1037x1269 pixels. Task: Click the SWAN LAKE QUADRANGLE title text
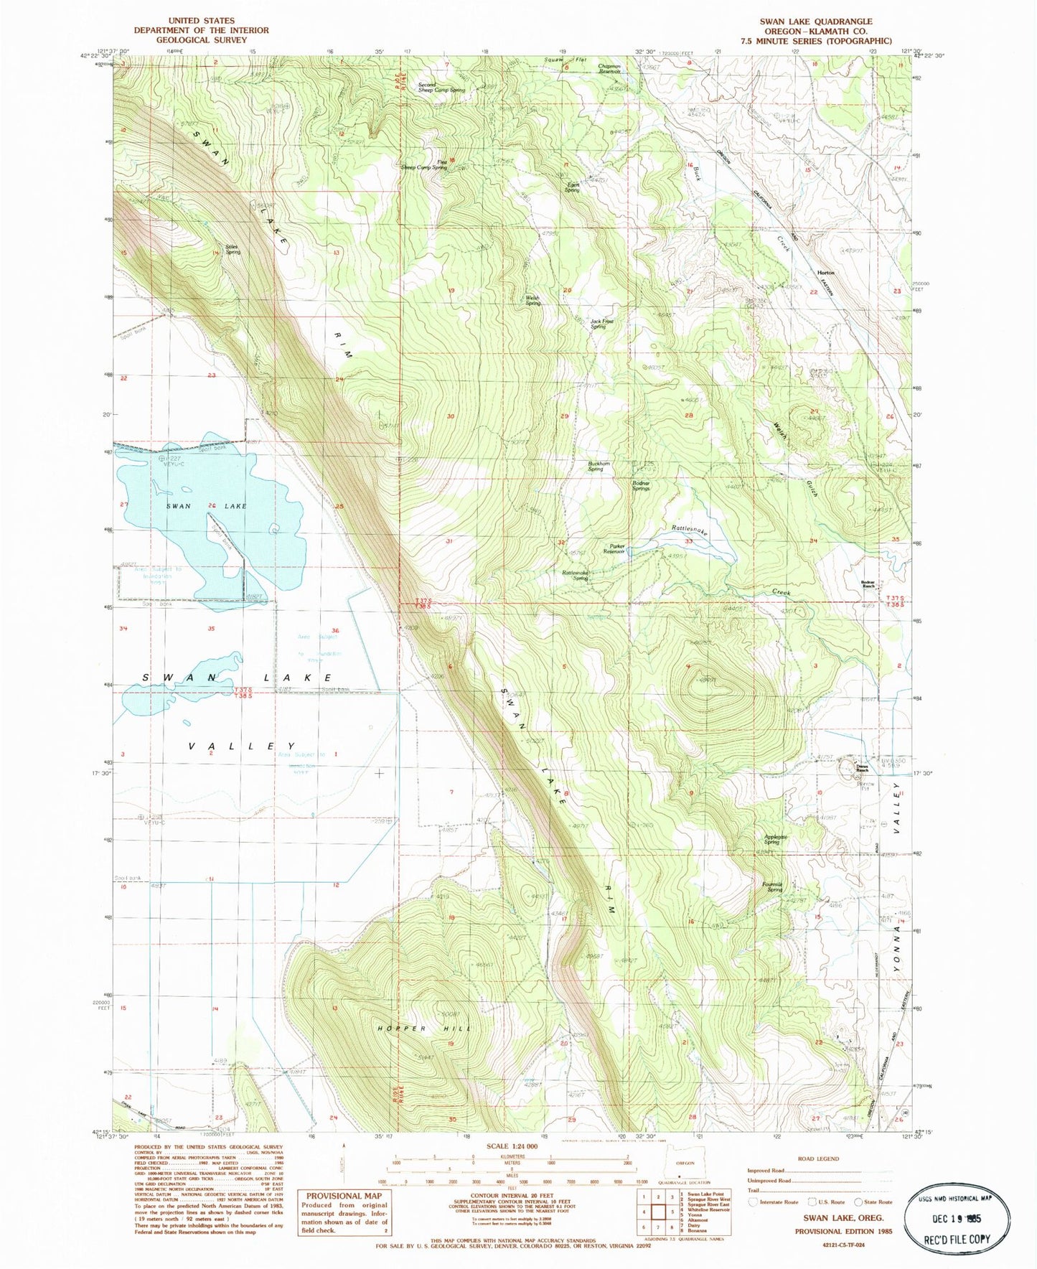pyautogui.click(x=816, y=22)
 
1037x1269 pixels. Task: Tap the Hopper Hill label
pyautogui.click(x=424, y=1029)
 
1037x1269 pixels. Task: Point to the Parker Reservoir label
pyautogui.click(x=614, y=549)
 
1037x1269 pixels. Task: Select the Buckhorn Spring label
pyautogui.click(x=599, y=467)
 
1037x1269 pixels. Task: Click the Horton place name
pyautogui.click(x=826, y=273)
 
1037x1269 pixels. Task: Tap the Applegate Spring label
pyautogui.click(x=775, y=839)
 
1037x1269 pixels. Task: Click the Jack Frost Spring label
pyautogui.click(x=601, y=324)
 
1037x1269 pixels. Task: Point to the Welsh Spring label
pyautogui.click(x=532, y=300)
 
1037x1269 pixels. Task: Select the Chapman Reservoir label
pyautogui.click(x=609, y=69)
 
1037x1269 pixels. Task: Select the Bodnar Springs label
pyautogui.click(x=640, y=486)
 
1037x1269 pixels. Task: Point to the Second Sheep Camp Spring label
pyautogui.click(x=441, y=87)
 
